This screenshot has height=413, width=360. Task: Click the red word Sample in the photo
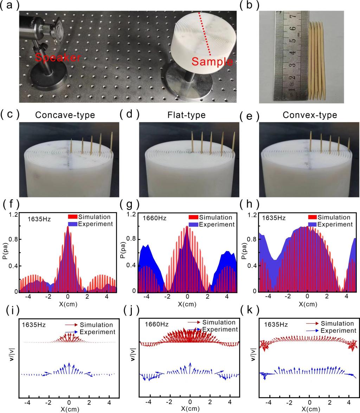click(212, 63)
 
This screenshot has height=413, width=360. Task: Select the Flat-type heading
click(187, 115)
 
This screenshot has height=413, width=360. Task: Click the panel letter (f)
click(11, 204)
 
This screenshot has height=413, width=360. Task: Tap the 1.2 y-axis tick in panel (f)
click(14, 214)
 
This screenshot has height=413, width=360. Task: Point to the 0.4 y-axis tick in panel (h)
click(251, 266)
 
